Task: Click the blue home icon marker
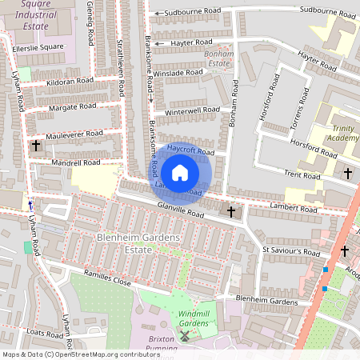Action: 180,172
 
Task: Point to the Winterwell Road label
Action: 191,110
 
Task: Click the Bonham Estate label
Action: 218,58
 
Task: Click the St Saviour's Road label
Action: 291,251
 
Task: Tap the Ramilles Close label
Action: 101,282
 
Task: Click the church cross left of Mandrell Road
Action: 36,146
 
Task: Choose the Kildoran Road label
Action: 70,82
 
